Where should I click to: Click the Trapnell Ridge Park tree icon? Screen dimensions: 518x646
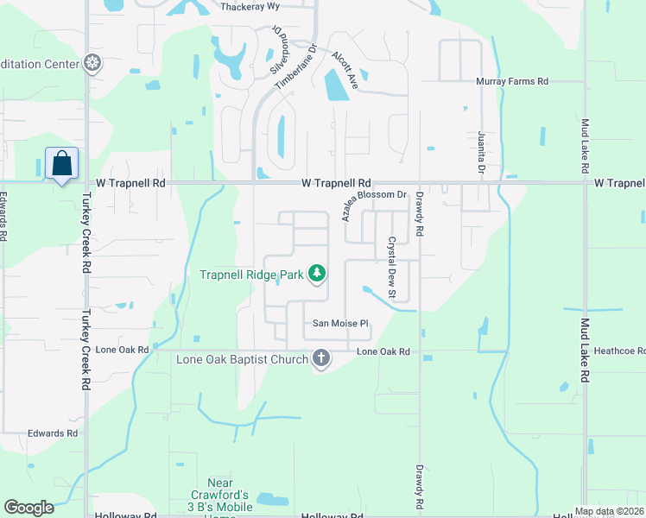(x=318, y=275)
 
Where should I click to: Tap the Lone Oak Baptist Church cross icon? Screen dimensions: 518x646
(x=321, y=358)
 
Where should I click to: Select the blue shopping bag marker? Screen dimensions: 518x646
(x=62, y=163)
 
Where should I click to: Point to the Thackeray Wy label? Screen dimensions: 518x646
(x=250, y=7)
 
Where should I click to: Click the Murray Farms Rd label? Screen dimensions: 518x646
(x=512, y=81)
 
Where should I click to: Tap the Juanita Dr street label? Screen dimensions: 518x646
(x=481, y=153)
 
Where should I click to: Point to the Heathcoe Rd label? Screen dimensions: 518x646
(x=619, y=351)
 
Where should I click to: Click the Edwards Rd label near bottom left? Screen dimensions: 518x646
(x=53, y=433)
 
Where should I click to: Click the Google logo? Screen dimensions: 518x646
(x=28, y=508)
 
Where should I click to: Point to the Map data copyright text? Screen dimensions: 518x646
(x=608, y=511)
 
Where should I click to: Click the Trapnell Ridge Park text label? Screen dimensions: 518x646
(x=252, y=275)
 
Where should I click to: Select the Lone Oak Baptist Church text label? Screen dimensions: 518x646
(x=243, y=359)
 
